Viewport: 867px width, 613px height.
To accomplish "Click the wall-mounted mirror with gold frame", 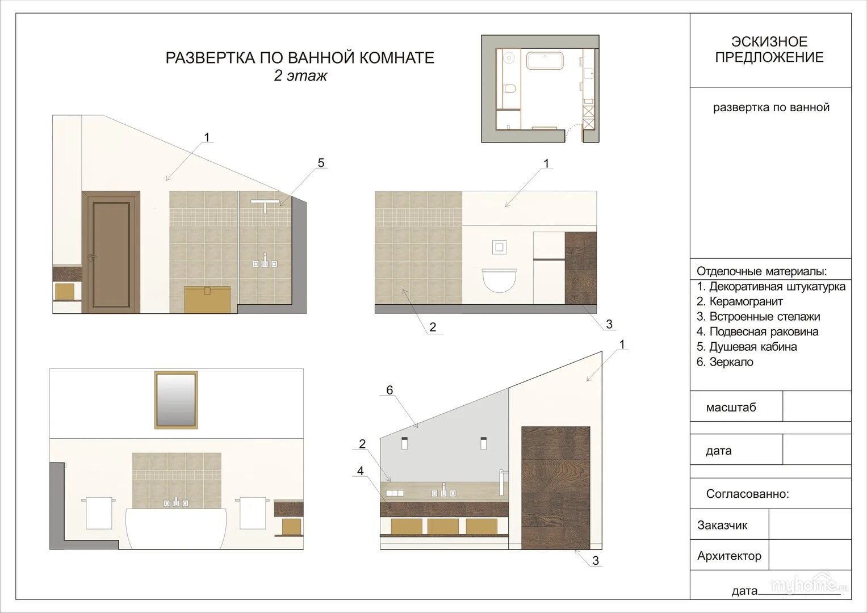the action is point(176,400).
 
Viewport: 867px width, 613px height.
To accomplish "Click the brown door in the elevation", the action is point(111,252).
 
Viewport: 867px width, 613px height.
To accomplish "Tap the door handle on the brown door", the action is point(91,257).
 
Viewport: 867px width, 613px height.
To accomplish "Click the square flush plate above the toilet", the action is point(499,247).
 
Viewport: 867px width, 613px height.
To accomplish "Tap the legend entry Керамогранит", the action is point(740,301).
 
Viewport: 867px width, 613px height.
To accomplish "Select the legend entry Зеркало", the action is point(725,362).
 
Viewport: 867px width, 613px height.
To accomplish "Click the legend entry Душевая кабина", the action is point(747,347).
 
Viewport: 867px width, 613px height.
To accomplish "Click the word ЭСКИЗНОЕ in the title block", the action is point(769,41).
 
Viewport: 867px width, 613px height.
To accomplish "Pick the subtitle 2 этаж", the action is point(300,76).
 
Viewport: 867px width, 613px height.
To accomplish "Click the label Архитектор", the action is point(729,556).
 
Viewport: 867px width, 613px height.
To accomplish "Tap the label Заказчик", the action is point(722,525).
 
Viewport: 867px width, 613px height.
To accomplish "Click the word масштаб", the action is point(731,407).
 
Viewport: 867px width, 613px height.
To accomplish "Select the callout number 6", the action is point(389,390).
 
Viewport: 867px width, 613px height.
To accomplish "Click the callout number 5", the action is point(321,163).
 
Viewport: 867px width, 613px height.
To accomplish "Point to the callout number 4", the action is point(361,471).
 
